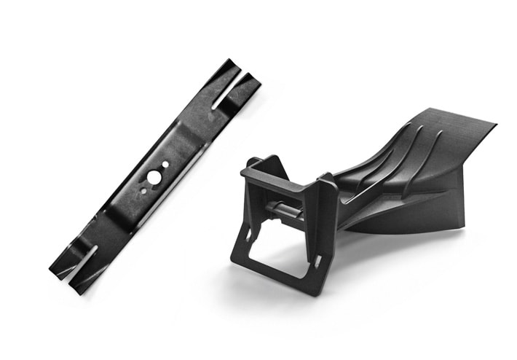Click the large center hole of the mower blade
coord(152,176)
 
